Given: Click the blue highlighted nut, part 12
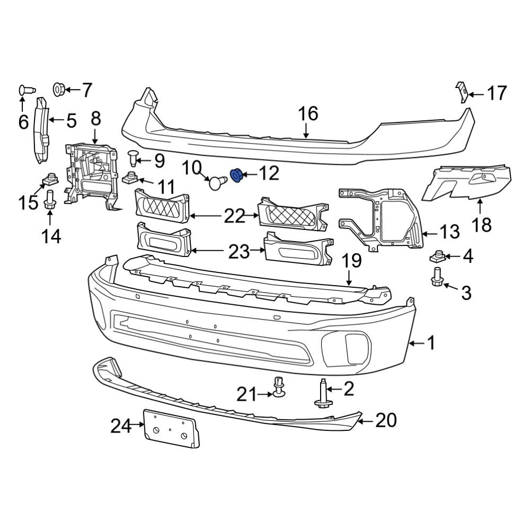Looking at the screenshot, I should pyautogui.click(x=236, y=175).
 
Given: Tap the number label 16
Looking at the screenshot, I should pyautogui.click(x=307, y=113).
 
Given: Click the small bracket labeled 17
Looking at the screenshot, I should pyautogui.click(x=462, y=92).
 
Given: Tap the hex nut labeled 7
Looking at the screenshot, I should pyautogui.click(x=59, y=89).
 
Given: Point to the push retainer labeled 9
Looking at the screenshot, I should pyautogui.click(x=133, y=157).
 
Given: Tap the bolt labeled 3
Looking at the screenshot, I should pyautogui.click(x=437, y=277).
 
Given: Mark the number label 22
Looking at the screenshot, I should pyautogui.click(x=235, y=216).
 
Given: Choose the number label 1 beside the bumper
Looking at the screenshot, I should pyautogui.click(x=430, y=343).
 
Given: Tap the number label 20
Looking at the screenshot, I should pyautogui.click(x=386, y=420).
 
